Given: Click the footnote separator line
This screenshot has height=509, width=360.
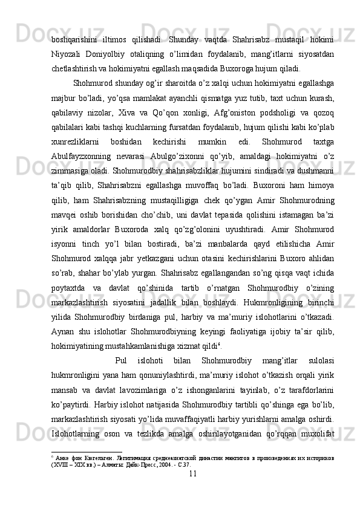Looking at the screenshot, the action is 87,452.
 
